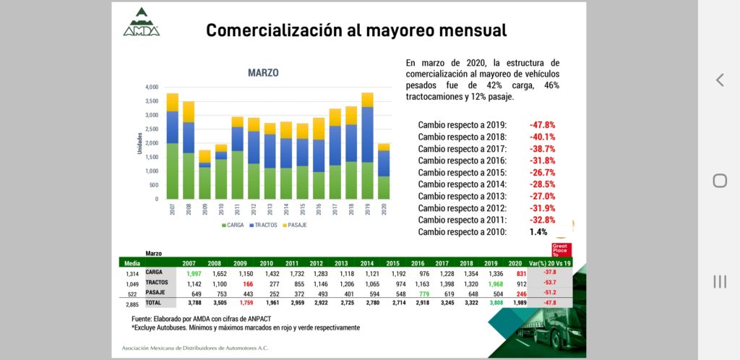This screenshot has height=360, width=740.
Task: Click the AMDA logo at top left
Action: [141, 22]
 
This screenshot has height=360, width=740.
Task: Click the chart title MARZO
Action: [263, 73]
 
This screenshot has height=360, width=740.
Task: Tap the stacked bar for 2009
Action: [205, 174]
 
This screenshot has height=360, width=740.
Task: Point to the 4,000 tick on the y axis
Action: [152, 87]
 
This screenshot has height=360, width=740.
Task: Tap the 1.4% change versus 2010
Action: [537, 232]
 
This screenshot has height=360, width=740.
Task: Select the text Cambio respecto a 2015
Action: [462, 172]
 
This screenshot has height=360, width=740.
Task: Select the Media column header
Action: [132, 262]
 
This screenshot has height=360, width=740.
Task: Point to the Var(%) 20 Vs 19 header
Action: [551, 262]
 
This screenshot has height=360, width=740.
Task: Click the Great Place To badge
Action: [562, 250]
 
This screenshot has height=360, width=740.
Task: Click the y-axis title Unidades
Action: [140, 142]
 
